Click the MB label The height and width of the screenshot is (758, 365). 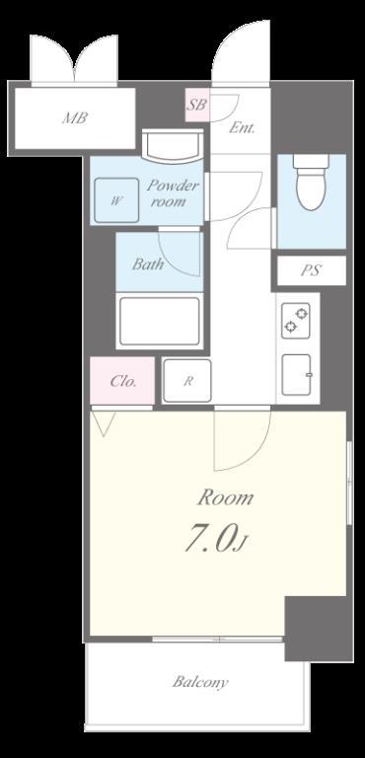coord(75,117)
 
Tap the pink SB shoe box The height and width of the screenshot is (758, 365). coord(197,106)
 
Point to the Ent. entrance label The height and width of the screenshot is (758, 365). coord(242,128)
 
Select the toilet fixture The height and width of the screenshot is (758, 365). coord(312,183)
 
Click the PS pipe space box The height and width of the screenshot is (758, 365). coord(312,270)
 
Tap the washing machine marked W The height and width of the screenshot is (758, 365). coord(116,200)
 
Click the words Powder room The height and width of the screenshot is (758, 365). coord(171,192)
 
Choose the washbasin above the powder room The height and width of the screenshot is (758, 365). coord(173,145)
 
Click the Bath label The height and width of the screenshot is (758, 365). coord(147,265)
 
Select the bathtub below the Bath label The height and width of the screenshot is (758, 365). coord(160,321)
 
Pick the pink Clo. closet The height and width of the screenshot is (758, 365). coord(122,381)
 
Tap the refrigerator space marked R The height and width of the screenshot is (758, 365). coord(187,381)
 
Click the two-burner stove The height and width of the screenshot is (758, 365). coord(296,321)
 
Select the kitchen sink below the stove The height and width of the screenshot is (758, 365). coord(296,375)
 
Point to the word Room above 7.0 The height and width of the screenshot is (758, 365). coord(225,497)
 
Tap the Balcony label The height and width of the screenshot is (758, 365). coord(199,682)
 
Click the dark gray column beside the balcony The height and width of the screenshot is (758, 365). coord(319,628)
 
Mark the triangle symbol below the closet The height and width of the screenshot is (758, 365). coord(103,423)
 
